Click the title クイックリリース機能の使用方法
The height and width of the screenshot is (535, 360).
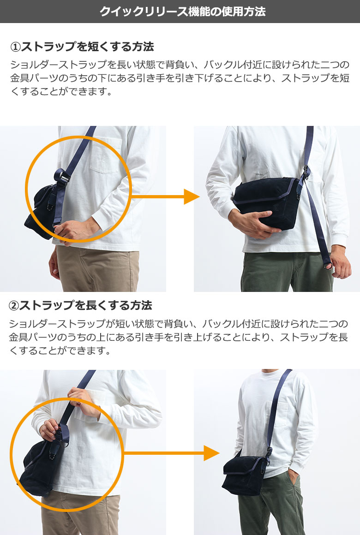182,12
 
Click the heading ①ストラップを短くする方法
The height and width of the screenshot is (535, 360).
82,47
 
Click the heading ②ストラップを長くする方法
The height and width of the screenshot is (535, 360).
80,305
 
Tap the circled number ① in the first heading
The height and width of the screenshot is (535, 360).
16,47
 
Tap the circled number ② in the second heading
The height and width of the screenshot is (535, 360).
14,305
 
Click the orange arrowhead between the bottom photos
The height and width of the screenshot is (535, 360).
211,453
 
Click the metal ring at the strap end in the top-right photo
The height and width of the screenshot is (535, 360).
328,265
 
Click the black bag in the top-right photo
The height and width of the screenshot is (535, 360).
266,203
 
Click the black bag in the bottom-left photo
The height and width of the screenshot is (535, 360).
39,465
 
